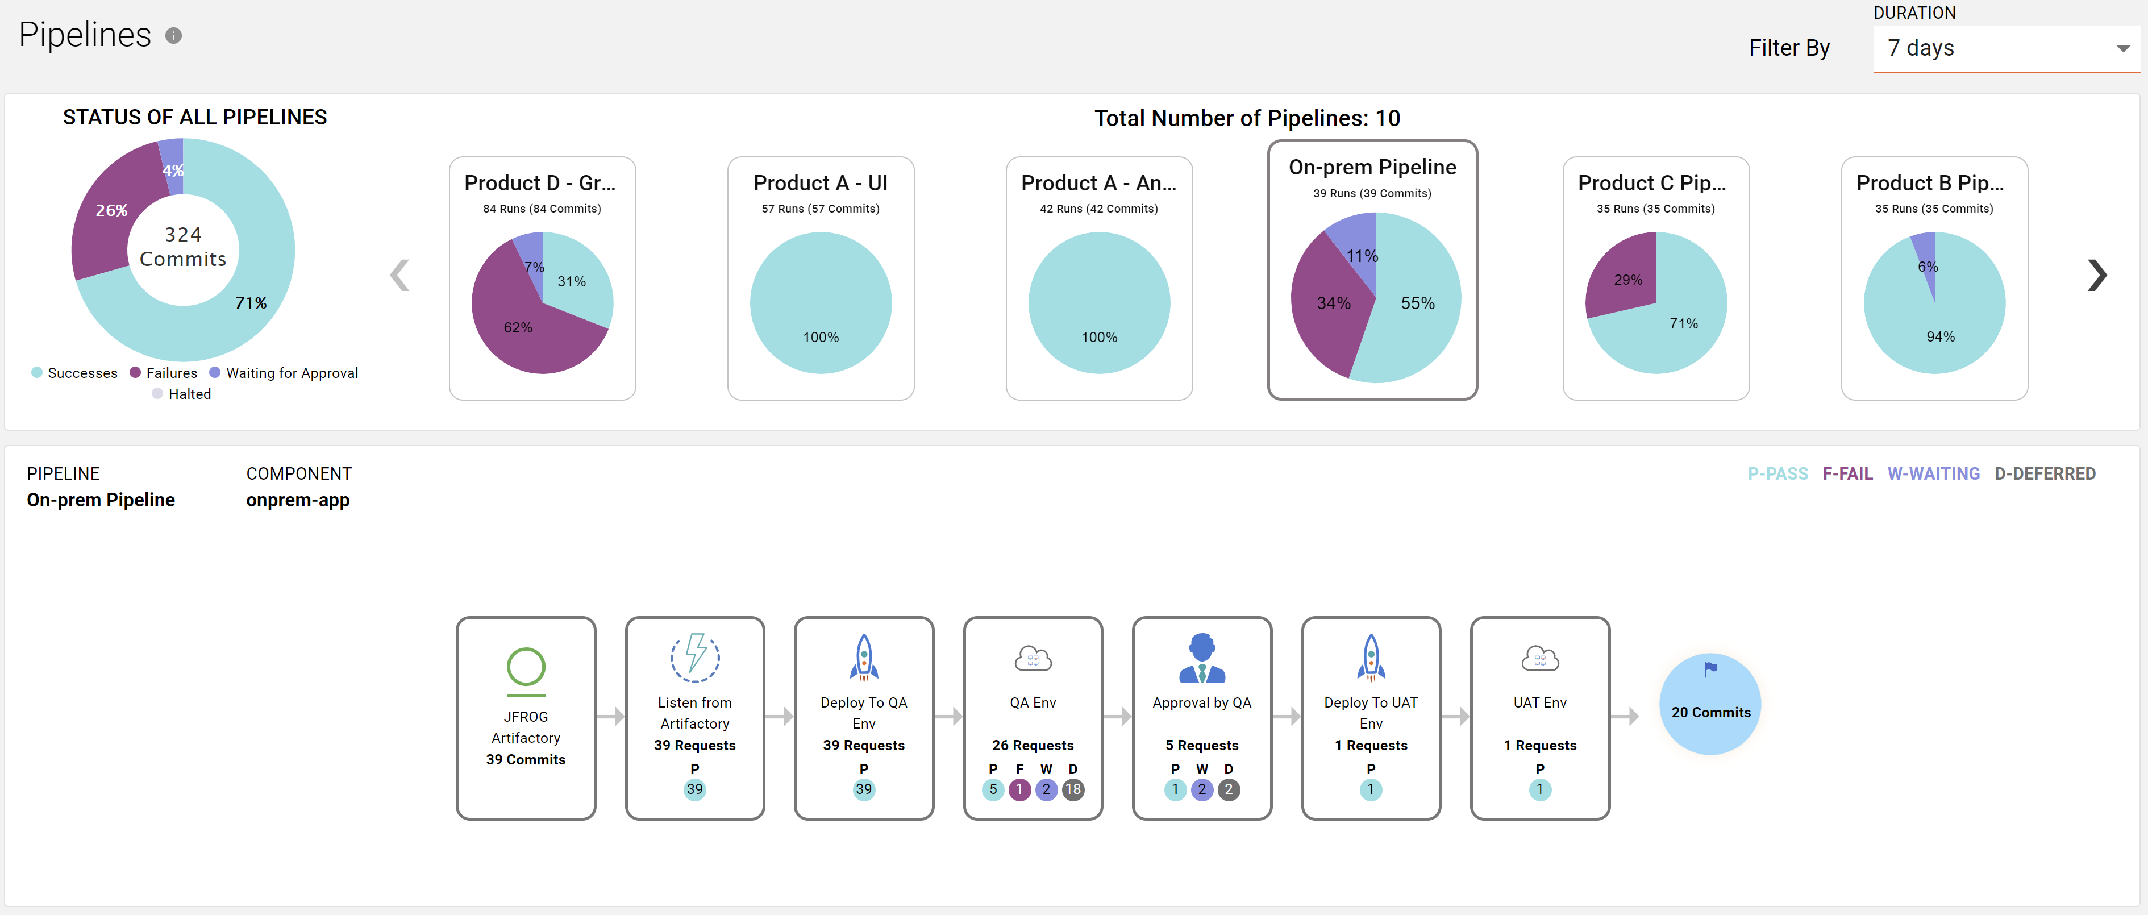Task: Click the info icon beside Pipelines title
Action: (173, 36)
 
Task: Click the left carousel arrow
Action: (400, 275)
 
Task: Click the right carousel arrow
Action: (2096, 275)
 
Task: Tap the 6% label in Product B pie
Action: (1927, 267)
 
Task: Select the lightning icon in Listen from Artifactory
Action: (694, 657)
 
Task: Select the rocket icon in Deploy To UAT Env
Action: (1371, 657)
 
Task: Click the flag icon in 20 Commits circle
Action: (1710, 669)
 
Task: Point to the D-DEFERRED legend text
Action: (2044, 474)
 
